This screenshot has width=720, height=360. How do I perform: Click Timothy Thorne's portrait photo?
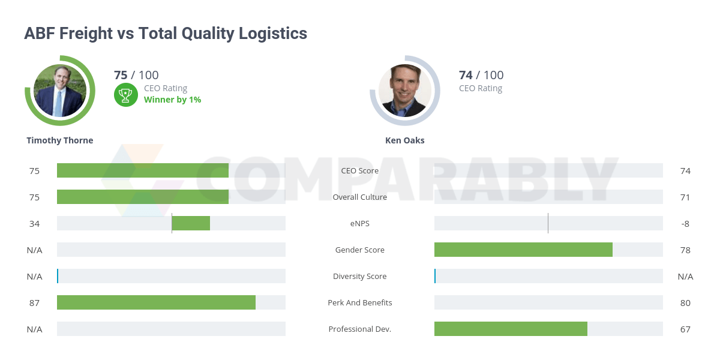coord(60,91)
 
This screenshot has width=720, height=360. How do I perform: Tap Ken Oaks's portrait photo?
coord(405,91)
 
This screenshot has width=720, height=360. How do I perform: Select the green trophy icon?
coord(125,94)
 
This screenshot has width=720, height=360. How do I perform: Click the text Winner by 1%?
coord(172,100)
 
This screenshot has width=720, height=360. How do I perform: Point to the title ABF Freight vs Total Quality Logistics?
coord(166,34)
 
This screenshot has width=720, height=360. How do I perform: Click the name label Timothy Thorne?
coord(60,140)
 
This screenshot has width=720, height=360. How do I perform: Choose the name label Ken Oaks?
coord(405,140)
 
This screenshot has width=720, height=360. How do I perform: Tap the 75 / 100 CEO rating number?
coord(136,75)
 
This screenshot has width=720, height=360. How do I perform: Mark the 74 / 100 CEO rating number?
coord(481,75)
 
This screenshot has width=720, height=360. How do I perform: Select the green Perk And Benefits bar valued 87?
coord(156,302)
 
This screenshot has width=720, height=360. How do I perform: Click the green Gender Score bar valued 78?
coord(523,250)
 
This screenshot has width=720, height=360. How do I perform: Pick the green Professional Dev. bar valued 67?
coord(511,329)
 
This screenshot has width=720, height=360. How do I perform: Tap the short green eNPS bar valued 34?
coord(191,223)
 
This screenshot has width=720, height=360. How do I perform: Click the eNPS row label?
coord(360,223)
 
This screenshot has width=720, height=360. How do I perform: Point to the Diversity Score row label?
coord(360,276)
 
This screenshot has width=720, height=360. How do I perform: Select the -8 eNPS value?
coord(685,223)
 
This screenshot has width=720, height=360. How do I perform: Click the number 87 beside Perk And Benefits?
coord(34,302)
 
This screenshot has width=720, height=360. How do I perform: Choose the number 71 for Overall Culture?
coord(685,197)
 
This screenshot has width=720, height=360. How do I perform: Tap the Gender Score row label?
coord(360,250)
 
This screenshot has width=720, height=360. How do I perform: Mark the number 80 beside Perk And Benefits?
coord(685,302)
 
